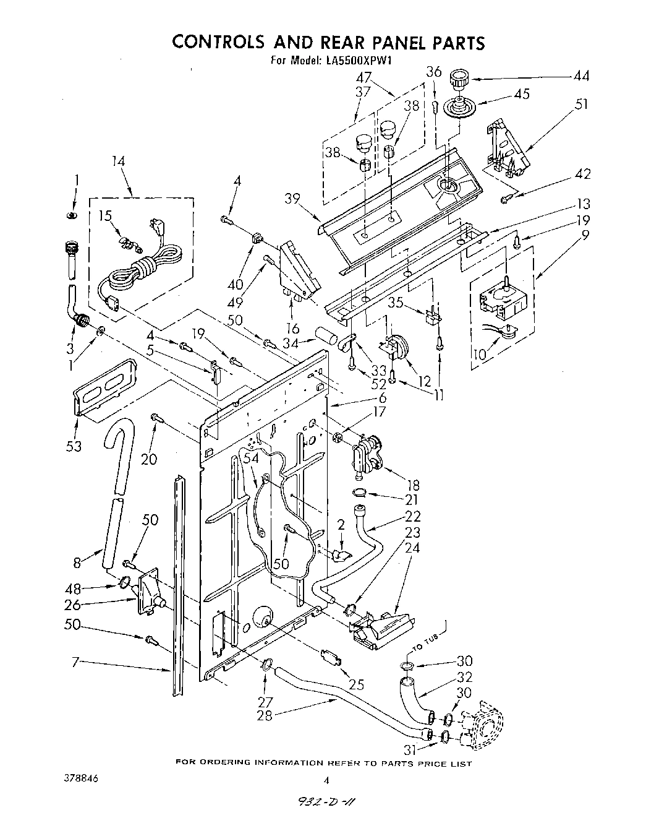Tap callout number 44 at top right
click(x=580, y=77)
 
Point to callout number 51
click(x=582, y=104)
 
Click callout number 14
click(x=119, y=161)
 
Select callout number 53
click(x=74, y=446)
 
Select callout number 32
click(x=465, y=677)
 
